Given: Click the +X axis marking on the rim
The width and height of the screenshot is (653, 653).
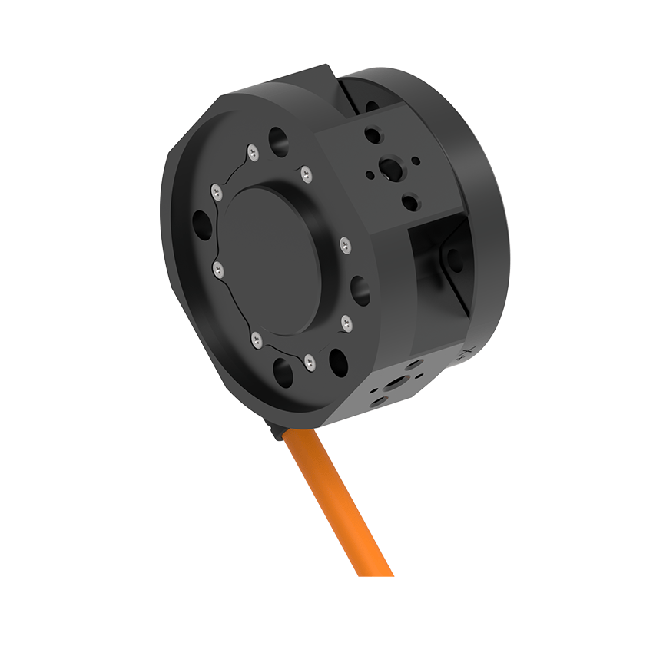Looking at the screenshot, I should tap(463, 355).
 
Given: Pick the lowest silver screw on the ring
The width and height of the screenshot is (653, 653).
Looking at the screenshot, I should tap(309, 361).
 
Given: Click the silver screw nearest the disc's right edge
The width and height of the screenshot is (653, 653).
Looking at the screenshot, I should tap(345, 245).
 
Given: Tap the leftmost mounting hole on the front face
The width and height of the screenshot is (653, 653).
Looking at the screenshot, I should tap(202, 226).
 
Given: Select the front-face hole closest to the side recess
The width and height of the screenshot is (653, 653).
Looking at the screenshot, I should tap(360, 288).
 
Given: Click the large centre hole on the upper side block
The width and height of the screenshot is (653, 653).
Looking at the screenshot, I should tap(390, 167).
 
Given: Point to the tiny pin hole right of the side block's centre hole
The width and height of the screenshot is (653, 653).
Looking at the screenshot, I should tap(416, 161).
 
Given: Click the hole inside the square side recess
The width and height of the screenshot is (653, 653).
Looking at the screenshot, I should tap(453, 257).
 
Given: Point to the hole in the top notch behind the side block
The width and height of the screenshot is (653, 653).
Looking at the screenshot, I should tap(370, 108).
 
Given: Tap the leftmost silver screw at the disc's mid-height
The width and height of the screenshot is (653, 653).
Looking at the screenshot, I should tap(218, 269).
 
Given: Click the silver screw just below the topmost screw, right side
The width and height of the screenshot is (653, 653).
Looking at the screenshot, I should tap(307, 174).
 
